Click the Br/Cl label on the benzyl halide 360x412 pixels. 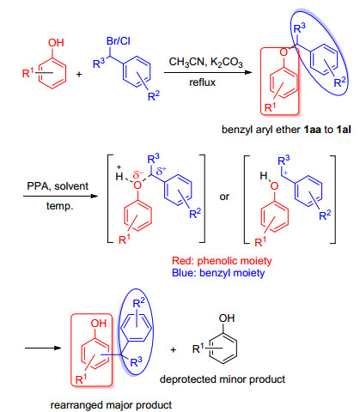(x=119, y=41)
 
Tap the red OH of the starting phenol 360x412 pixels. (x=56, y=43)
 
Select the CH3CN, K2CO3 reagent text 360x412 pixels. (x=206, y=62)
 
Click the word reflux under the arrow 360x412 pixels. (x=202, y=82)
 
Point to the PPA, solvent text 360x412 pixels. (x=58, y=186)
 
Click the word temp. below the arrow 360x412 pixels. (x=60, y=206)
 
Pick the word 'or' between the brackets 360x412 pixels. (x=224, y=197)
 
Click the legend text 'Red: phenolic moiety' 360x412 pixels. (x=222, y=261)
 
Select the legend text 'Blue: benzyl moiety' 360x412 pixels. (x=218, y=273)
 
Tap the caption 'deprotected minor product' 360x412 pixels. (x=223, y=379)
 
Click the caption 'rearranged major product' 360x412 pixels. (x=111, y=405)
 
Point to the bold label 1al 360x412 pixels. (x=344, y=130)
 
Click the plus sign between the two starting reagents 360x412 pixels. (x=79, y=75)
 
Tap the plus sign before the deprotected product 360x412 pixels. (x=173, y=349)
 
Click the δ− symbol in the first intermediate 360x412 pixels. (x=138, y=174)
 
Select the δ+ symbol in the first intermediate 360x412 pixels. (x=162, y=171)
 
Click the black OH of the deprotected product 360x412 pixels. (x=227, y=318)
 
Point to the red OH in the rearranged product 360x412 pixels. (x=99, y=324)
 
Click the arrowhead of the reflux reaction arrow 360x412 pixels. (x=248, y=72)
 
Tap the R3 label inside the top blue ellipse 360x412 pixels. (x=300, y=28)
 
